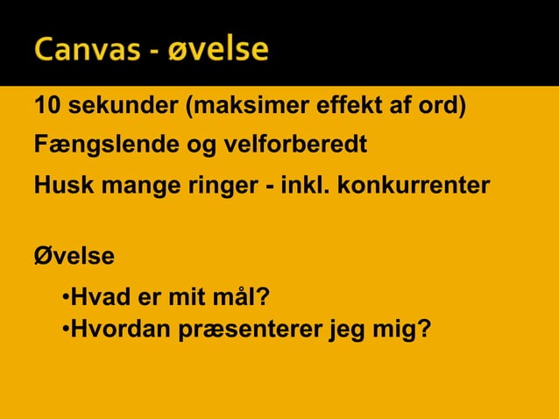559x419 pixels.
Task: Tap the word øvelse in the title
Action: coord(219,50)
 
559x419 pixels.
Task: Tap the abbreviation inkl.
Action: coord(309,185)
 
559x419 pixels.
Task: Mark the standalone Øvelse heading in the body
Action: coord(74,256)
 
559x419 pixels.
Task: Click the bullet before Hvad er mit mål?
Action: coord(66,300)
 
